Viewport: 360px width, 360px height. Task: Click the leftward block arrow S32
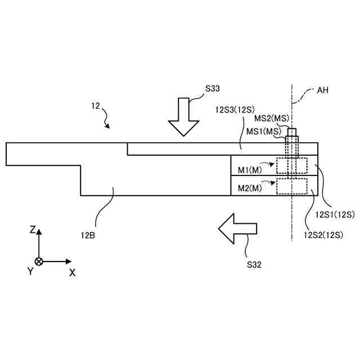coord(237,229)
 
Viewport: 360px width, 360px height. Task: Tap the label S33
coord(212,89)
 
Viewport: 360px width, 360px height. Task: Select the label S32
coord(254,263)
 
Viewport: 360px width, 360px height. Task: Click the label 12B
coord(88,235)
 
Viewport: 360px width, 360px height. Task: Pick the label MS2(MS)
coord(271,119)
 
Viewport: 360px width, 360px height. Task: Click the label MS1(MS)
coord(264,131)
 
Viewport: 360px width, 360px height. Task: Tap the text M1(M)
coord(250,169)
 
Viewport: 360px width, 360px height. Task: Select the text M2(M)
coord(250,187)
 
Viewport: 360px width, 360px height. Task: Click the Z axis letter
coord(33,230)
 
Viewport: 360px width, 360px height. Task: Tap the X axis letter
coord(73,272)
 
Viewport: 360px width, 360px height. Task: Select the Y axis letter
coord(30,272)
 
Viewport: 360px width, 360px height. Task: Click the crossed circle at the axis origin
coord(39,262)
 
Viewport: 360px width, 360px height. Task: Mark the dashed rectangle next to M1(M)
coord(292,165)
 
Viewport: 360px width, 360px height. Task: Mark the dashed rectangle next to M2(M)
coord(292,186)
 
